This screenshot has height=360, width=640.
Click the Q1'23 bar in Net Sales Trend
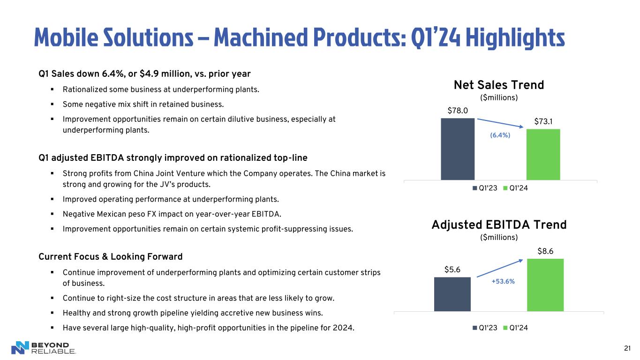pyautogui.click(x=458, y=149)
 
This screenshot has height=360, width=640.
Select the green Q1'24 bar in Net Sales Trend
pyautogui.click(x=543, y=154)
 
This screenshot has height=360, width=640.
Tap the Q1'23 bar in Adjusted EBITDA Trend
pyautogui.click(x=452, y=294)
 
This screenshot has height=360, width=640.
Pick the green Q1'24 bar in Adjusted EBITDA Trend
pyautogui.click(x=545, y=285)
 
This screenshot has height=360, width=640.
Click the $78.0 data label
pyautogui.click(x=458, y=111)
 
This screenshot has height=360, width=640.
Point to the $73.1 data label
pyautogui.click(x=543, y=122)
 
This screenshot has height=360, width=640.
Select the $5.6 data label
pyautogui.click(x=452, y=270)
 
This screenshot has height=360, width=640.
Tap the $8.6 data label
pyautogui.click(x=545, y=251)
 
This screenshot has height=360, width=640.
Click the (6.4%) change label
pyautogui.click(x=500, y=135)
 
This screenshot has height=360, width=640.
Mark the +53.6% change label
pyautogui.click(x=503, y=281)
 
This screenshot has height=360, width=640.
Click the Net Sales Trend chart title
pyautogui.click(x=499, y=85)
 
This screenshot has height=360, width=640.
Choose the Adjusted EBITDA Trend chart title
pyautogui.click(x=499, y=225)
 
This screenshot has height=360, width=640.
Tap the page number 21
pyautogui.click(x=627, y=348)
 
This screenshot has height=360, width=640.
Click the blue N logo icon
pyautogui.click(x=20, y=347)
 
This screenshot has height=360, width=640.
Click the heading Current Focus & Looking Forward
pyautogui.click(x=110, y=257)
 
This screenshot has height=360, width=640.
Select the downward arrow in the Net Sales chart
pyautogui.click(x=501, y=123)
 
